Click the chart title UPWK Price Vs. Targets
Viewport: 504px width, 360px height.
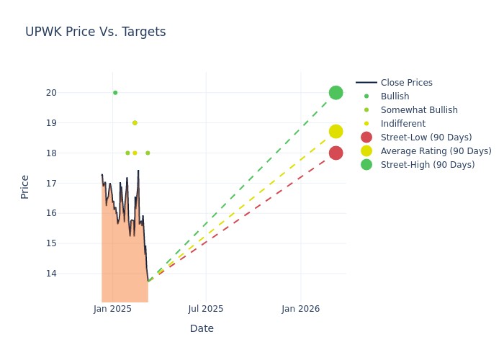pyautogui.click(x=95, y=32)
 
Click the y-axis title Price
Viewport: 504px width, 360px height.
pyautogui.click(x=25, y=186)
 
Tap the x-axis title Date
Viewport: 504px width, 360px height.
pyautogui.click(x=202, y=328)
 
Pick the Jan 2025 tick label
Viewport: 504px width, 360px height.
pyautogui.click(x=112, y=309)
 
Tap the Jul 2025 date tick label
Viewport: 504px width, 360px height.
pyautogui.click(x=206, y=309)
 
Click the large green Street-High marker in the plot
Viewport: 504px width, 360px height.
pyautogui.click(x=336, y=93)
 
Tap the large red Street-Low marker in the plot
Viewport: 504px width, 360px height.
pyautogui.click(x=336, y=153)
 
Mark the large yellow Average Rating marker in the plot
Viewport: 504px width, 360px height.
pyautogui.click(x=336, y=132)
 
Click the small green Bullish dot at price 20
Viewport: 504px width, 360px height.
pyautogui.click(x=115, y=93)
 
